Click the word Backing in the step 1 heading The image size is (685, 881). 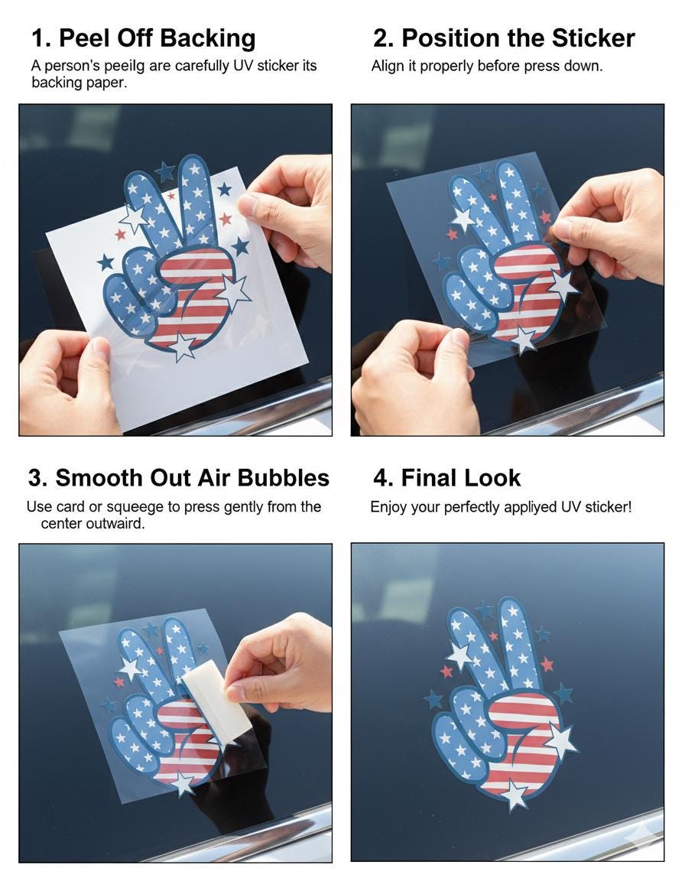(x=204, y=38)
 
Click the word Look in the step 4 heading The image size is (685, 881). (x=492, y=478)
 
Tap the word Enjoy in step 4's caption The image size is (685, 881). (x=388, y=507)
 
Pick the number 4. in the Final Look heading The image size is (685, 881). (x=382, y=478)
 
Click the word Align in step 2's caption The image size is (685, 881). (x=388, y=66)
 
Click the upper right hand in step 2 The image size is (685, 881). (x=612, y=222)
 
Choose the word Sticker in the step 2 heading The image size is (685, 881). (x=593, y=38)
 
